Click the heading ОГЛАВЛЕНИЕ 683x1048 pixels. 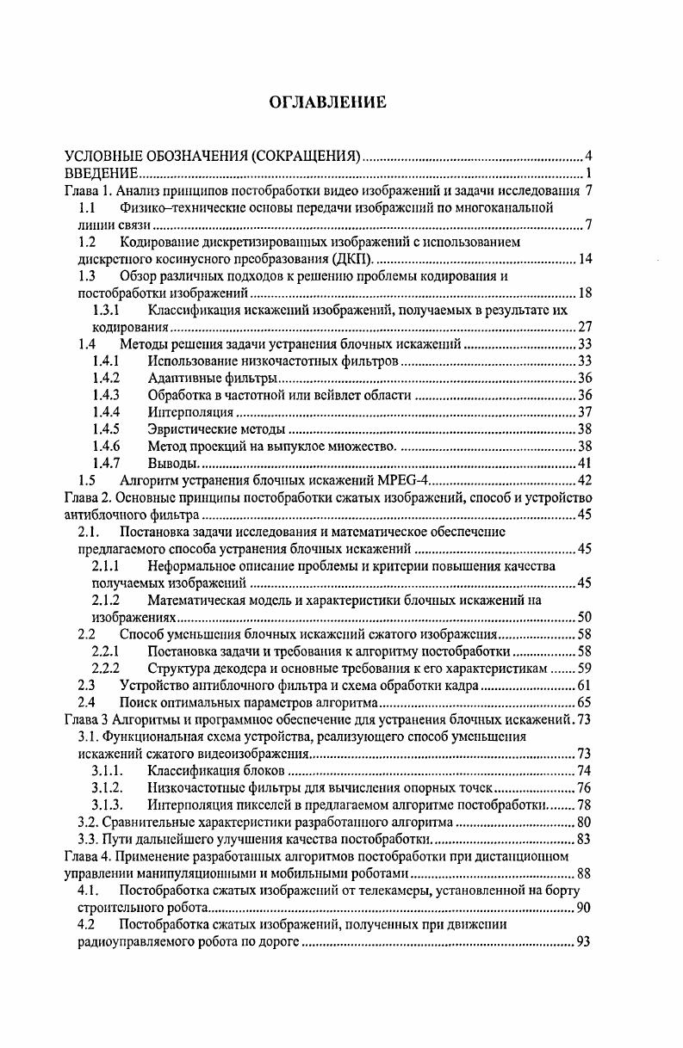(328, 102)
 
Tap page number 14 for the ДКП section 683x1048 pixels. (584, 259)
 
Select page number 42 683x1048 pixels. (584, 480)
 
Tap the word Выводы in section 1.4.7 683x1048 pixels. (171, 464)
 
